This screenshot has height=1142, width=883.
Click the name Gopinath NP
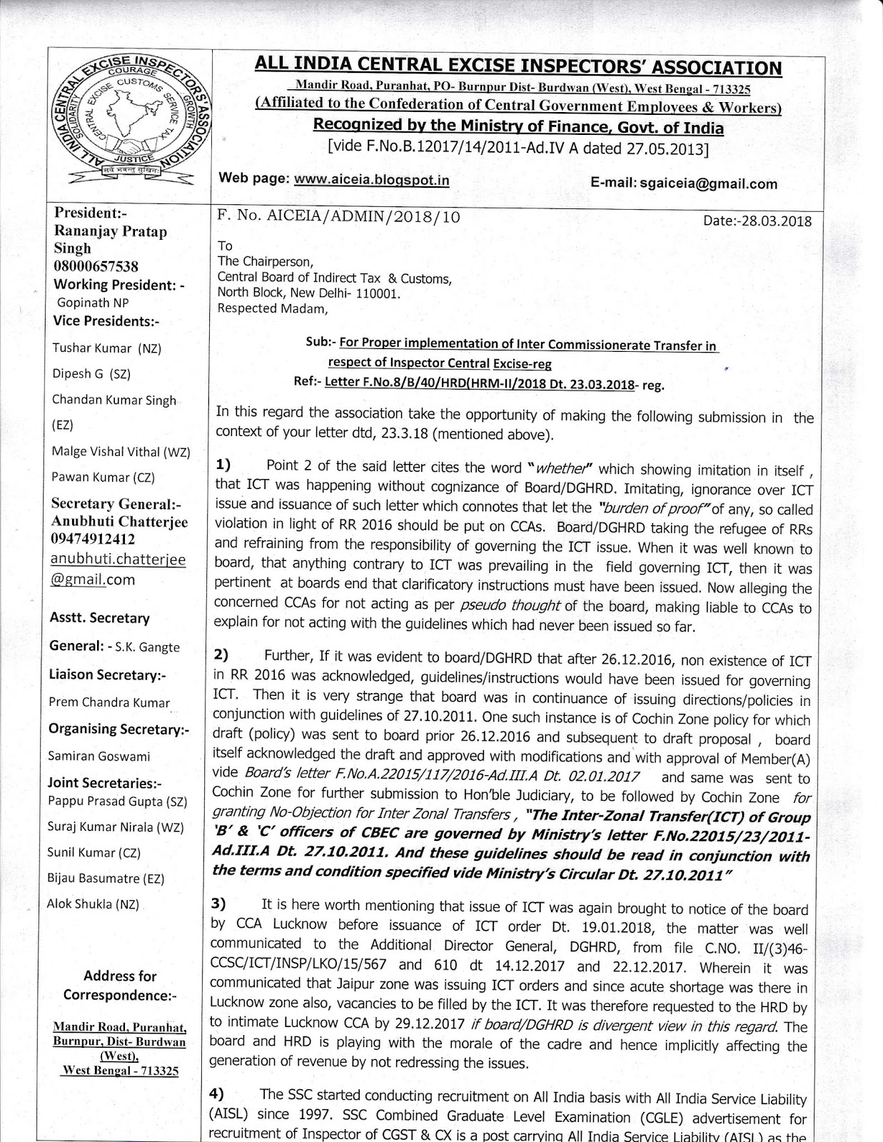(93, 303)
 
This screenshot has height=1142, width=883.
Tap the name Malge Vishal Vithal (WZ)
(121, 451)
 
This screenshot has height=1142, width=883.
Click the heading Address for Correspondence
(119, 985)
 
